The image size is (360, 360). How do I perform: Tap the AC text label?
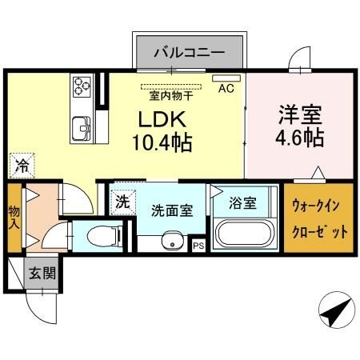coord(226,89)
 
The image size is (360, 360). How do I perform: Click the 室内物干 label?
coord(170,95)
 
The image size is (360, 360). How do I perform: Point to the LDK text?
coord(163,121)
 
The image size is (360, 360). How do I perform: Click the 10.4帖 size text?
coord(164,144)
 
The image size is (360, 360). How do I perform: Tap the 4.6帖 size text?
coord(300,138)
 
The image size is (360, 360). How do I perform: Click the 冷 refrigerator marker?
coord(22,166)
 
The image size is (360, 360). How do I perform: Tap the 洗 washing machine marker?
coord(122,202)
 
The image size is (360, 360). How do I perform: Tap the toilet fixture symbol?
coord(101,236)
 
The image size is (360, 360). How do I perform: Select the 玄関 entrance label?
coord(42,272)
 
